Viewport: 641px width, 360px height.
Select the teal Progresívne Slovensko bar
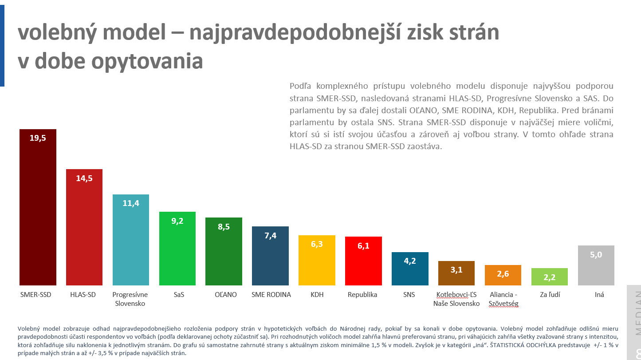coord(130,240)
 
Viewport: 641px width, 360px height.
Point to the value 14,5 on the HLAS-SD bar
coord(84,178)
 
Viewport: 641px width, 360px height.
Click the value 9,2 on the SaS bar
coord(177,221)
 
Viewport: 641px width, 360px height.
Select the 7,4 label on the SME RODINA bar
coord(270,236)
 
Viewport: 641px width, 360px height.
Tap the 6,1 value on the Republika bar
coord(363,246)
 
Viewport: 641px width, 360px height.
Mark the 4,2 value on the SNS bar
coord(410,261)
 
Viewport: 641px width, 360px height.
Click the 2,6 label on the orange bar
coord(503,274)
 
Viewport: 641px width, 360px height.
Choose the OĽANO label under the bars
coord(224,295)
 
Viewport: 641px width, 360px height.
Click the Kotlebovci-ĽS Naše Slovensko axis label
coord(456,299)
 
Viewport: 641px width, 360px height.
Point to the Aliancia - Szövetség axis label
coord(503,299)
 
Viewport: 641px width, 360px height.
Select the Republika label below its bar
coord(362,295)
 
